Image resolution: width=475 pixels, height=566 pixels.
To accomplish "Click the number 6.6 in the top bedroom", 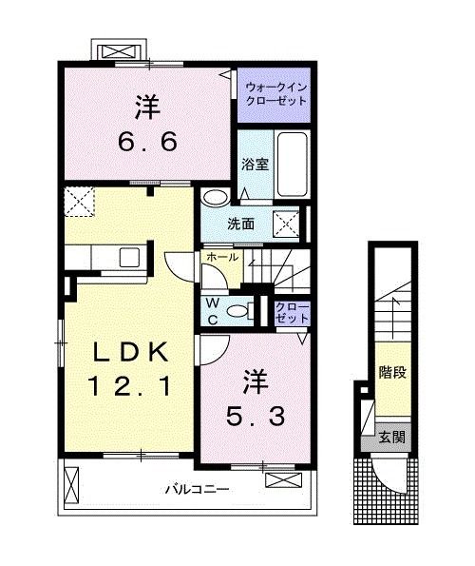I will pos(146,143).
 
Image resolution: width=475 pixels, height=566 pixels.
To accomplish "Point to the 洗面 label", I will pos(239,225).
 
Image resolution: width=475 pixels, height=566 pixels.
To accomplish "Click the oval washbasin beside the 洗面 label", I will pos(215,198).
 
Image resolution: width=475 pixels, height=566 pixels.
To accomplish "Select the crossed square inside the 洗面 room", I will pos(286,224).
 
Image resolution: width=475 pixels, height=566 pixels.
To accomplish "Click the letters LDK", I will pos(130,353).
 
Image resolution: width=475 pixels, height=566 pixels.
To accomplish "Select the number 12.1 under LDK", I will pos(130,386).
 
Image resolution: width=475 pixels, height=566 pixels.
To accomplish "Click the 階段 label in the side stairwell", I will pos(391,372).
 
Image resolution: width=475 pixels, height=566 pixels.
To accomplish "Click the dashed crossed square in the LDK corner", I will pos(79,202).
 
